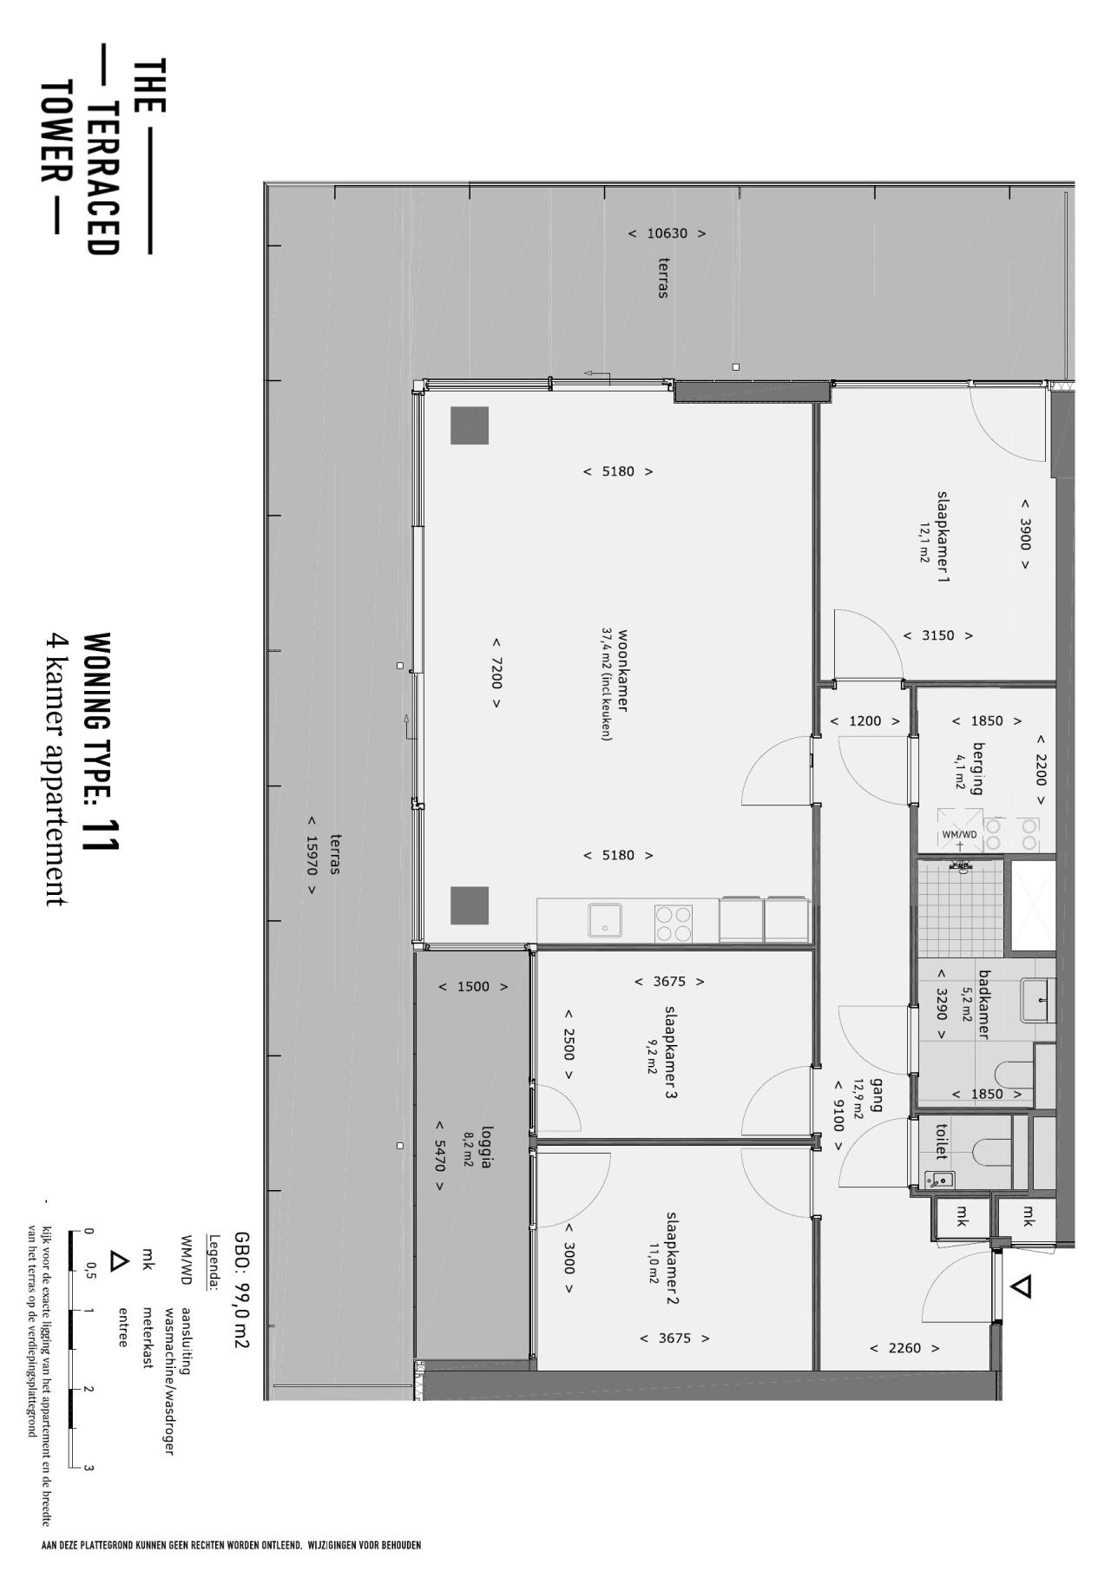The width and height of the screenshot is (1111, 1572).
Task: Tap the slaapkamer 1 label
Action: coord(943,536)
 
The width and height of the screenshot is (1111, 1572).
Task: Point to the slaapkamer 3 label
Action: coord(671,1052)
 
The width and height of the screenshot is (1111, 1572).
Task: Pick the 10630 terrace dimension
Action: coord(667,233)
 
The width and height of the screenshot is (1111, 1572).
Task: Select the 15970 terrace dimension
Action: coord(311,855)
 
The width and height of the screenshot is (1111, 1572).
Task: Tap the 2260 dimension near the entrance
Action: coord(904,1348)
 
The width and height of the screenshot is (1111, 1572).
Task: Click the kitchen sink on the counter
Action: coord(605,920)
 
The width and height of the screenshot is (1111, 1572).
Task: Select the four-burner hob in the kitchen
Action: coord(674,923)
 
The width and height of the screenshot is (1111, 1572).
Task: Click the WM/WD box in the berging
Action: coord(959,833)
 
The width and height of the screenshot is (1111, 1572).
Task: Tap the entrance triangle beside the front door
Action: coord(1022,1286)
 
